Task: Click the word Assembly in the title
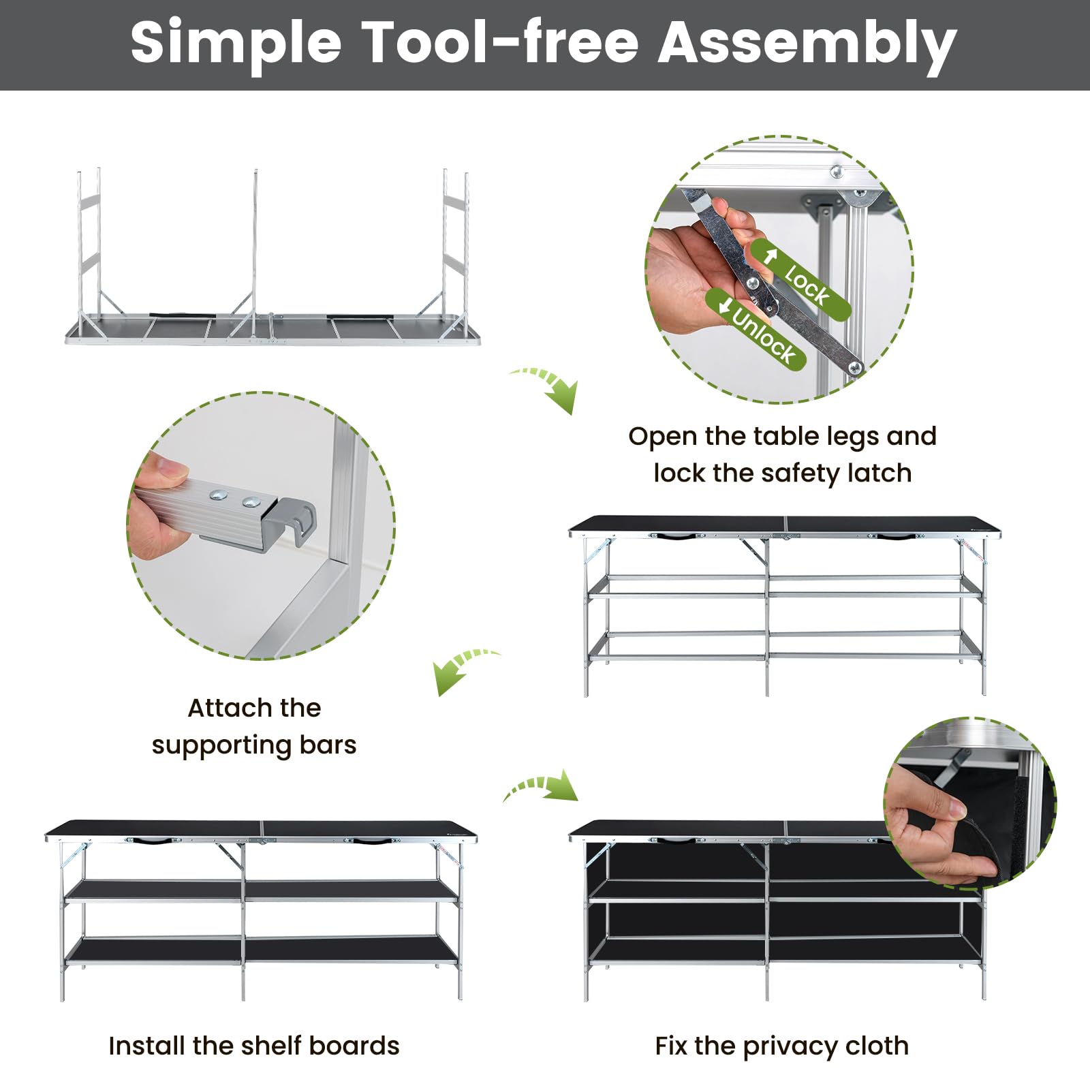[807, 43]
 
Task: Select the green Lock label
[801, 279]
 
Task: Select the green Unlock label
[756, 329]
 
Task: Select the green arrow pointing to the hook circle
[463, 670]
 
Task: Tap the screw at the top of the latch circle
[836, 171]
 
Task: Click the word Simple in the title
[236, 44]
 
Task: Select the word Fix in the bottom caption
[670, 1045]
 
